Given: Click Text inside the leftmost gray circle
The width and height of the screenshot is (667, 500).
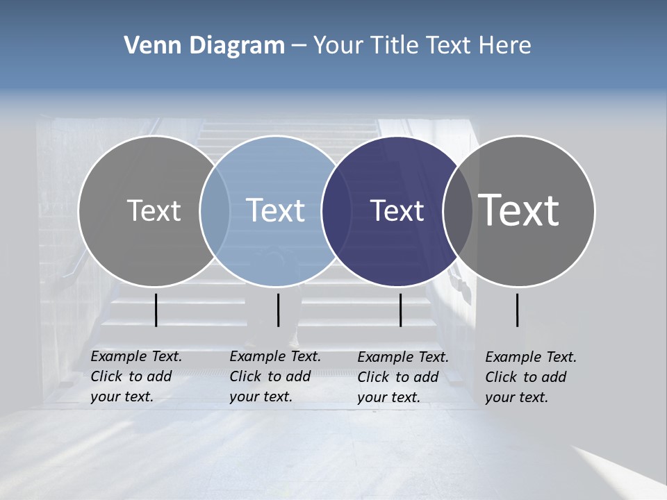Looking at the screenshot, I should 154,210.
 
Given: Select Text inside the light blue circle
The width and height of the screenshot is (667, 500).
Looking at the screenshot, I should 276,210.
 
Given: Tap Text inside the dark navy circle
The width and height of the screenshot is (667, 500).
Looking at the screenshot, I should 397,210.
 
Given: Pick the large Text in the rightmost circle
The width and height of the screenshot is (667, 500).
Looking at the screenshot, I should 519,210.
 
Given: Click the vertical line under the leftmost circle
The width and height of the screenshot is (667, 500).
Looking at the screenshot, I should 156,310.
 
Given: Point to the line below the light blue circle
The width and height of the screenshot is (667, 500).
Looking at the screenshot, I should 278,310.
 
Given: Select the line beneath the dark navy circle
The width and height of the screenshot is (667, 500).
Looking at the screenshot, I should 400,310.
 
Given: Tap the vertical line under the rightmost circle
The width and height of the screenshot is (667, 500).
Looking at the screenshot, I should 517,310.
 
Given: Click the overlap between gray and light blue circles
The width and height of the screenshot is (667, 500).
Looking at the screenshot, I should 215,210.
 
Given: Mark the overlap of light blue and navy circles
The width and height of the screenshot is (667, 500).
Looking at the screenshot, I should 336,210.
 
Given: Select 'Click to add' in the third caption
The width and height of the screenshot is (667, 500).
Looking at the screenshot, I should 398,377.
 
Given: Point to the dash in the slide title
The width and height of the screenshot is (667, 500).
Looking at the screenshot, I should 298,46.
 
